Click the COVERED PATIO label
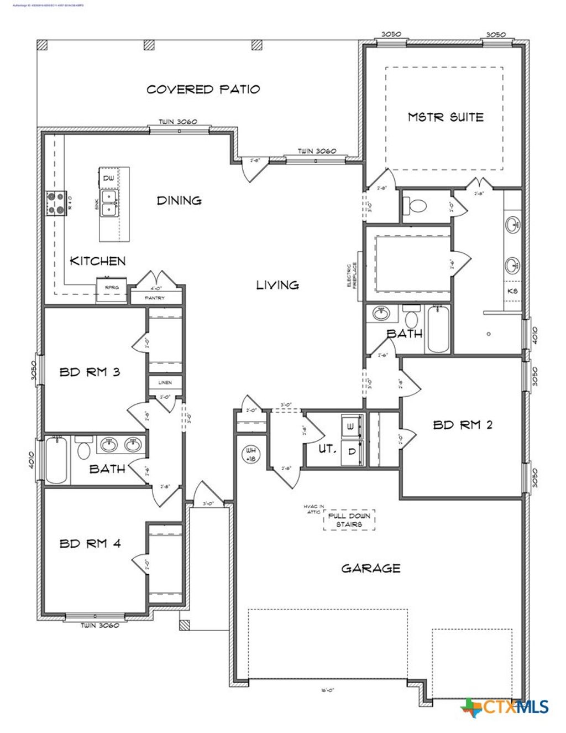tap(203, 89)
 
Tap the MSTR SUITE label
tap(446, 117)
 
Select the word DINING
tap(179, 200)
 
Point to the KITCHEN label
tap(97, 261)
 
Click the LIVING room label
tap(277, 285)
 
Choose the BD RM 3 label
tap(90, 372)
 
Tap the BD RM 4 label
tap(90, 543)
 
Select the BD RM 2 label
tap(462, 425)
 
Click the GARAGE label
tap(370, 568)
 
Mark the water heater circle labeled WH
tap(250, 454)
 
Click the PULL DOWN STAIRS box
tap(349, 520)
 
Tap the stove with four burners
tap(55, 202)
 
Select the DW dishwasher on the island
tap(109, 178)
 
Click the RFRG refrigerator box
tap(112, 288)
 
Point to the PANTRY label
tap(155, 298)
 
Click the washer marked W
tap(350, 427)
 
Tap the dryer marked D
tap(351, 451)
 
